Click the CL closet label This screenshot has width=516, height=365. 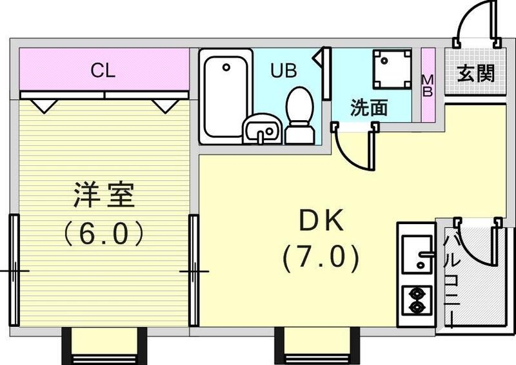tap(103, 70)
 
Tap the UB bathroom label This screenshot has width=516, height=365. tap(283, 70)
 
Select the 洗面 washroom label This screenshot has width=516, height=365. tap(369, 108)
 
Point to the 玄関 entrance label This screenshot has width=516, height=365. tap(476, 73)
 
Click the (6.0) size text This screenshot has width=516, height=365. tap(103, 233)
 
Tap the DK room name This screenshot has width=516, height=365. tap(320, 222)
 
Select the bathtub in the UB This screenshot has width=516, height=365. tap(224, 97)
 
